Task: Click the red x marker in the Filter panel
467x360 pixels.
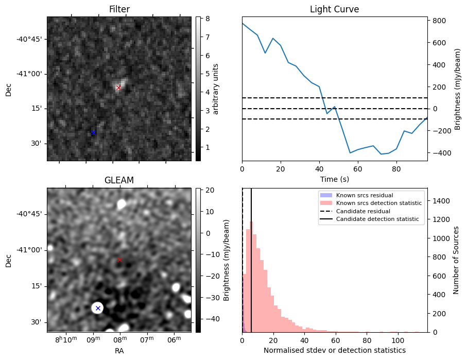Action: point(118,88)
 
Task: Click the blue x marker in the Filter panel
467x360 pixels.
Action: point(93,133)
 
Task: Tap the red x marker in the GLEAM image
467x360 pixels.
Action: point(119,260)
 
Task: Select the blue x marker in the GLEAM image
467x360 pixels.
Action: point(98,308)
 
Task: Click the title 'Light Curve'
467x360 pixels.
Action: point(334,10)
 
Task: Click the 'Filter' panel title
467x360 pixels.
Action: point(119,10)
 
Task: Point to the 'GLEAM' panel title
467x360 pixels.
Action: point(119,180)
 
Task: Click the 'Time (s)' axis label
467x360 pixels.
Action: point(334,178)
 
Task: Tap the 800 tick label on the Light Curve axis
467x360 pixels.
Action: point(439,21)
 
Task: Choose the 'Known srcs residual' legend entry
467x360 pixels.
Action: point(365,195)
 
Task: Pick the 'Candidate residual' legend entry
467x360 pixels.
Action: point(365,211)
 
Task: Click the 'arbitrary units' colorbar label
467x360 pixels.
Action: point(216,89)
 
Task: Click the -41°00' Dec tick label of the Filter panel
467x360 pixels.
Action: point(28,74)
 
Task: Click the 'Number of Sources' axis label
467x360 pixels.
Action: point(457,260)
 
